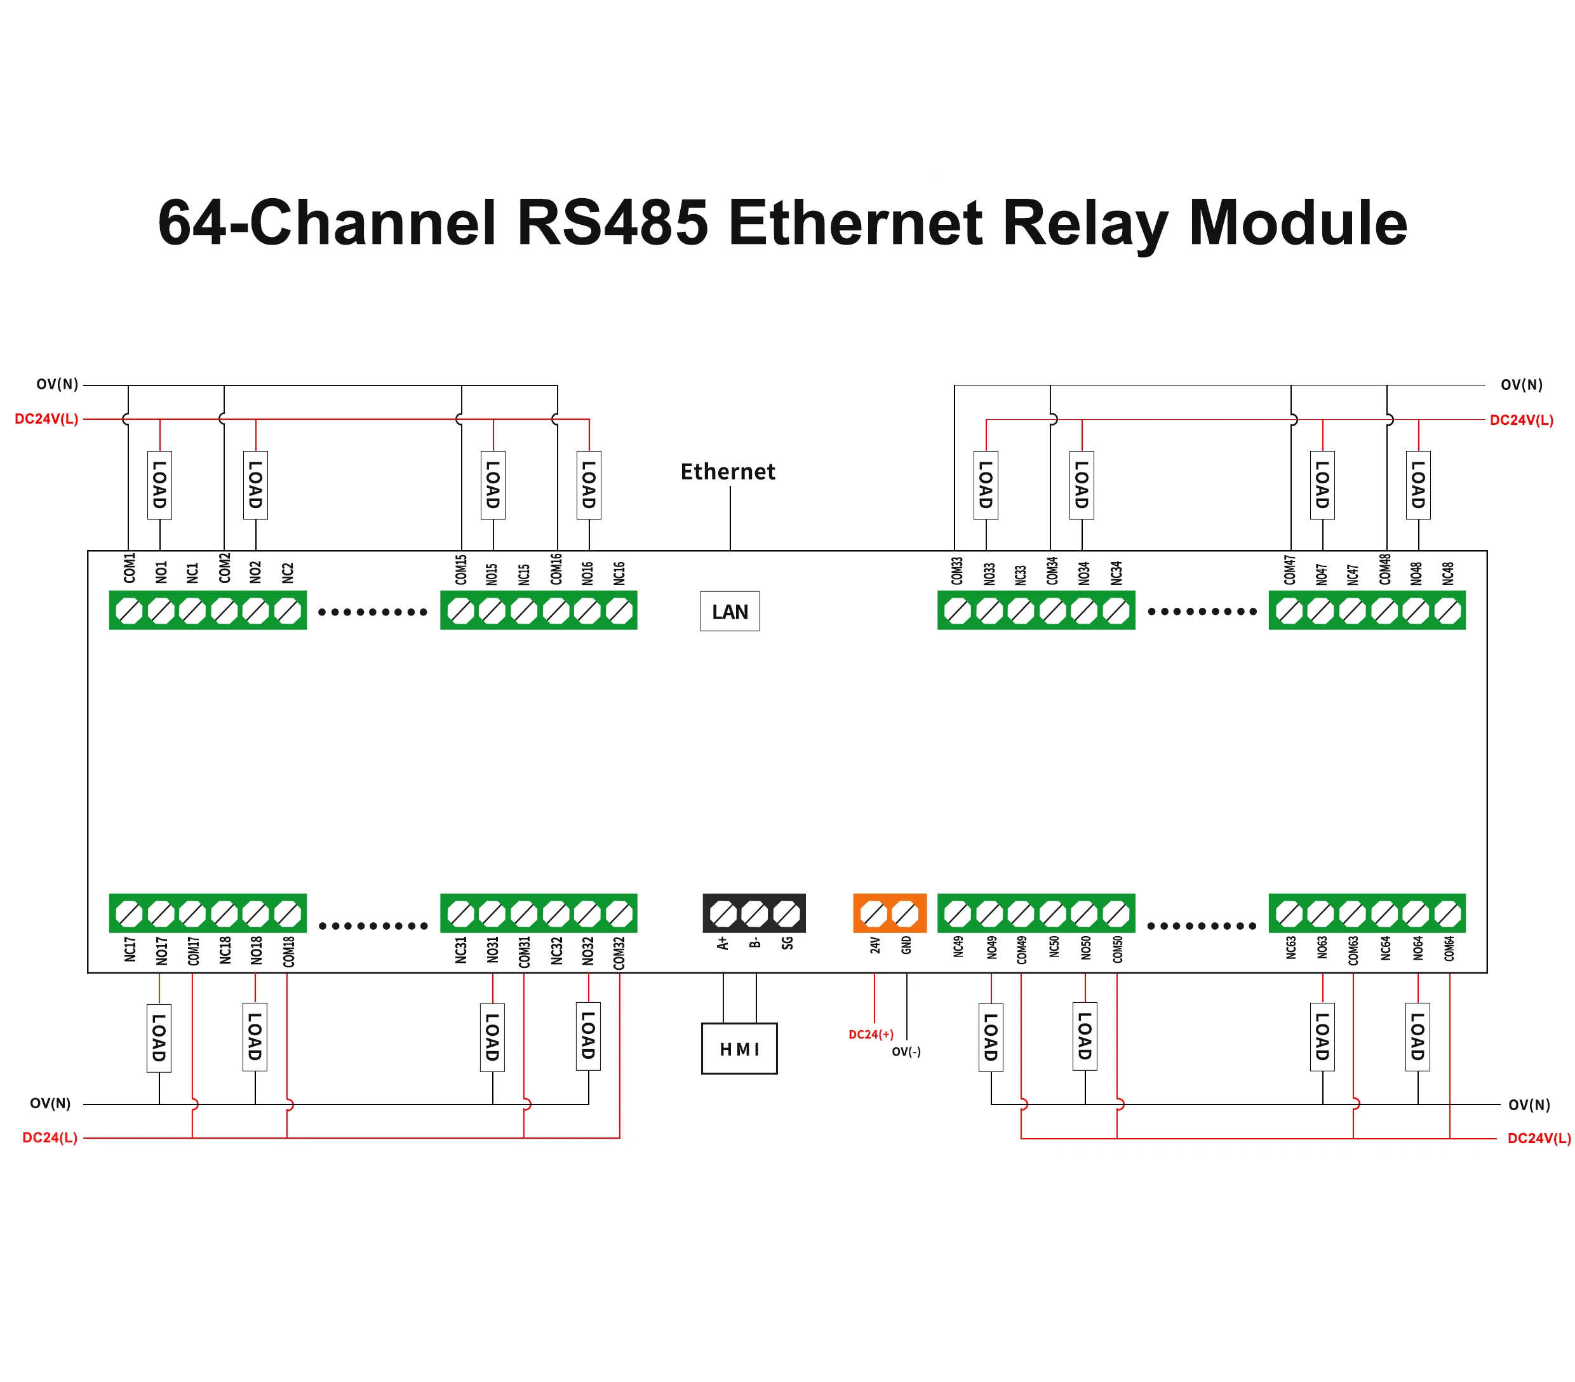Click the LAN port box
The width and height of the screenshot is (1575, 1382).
pos(729,611)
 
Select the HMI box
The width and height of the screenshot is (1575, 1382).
pos(739,1049)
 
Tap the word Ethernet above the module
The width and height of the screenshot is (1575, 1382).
pos(727,472)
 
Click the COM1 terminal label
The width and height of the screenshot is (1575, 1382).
pos(130,568)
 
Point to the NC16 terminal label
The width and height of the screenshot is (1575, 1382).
pos(619,573)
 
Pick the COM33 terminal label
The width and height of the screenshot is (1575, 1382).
pos(957,571)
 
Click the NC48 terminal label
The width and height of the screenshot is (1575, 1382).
pos(1448,573)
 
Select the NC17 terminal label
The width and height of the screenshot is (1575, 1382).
pos(130,949)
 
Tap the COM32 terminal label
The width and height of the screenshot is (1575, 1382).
pos(619,953)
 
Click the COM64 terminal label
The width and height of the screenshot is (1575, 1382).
pos(1449,949)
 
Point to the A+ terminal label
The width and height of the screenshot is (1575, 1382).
pos(723,943)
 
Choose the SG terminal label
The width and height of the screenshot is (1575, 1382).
pos(787,943)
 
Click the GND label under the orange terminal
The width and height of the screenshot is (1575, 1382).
pos(906,945)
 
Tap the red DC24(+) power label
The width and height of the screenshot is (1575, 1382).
pos(871,1035)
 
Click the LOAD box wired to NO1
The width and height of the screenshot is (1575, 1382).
pos(159,485)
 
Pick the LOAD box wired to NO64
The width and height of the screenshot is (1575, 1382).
pos(1417,1036)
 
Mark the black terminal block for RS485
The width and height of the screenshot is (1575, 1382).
pos(754,913)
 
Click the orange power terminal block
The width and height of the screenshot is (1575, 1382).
pos(889,913)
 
